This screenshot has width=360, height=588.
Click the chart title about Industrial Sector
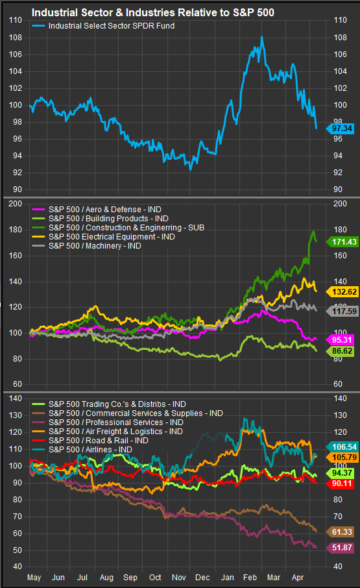click(x=153, y=13)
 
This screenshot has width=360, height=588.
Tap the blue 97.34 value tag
click(x=341, y=129)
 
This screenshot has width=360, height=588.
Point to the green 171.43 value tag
click(x=342, y=242)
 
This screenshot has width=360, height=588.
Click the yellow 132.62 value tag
click(x=342, y=292)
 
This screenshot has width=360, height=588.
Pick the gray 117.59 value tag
click(x=342, y=312)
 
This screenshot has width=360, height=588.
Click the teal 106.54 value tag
click(x=342, y=447)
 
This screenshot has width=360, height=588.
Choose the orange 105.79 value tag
click(x=342, y=458)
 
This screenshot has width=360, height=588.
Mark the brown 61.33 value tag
click(x=341, y=532)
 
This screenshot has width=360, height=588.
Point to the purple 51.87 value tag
click(x=341, y=548)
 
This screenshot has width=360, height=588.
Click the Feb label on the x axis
click(x=250, y=578)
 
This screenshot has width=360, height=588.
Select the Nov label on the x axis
click(x=178, y=578)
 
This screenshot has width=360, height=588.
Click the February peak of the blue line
click(x=262, y=37)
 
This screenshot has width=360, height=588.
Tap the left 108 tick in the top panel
click(x=16, y=38)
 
